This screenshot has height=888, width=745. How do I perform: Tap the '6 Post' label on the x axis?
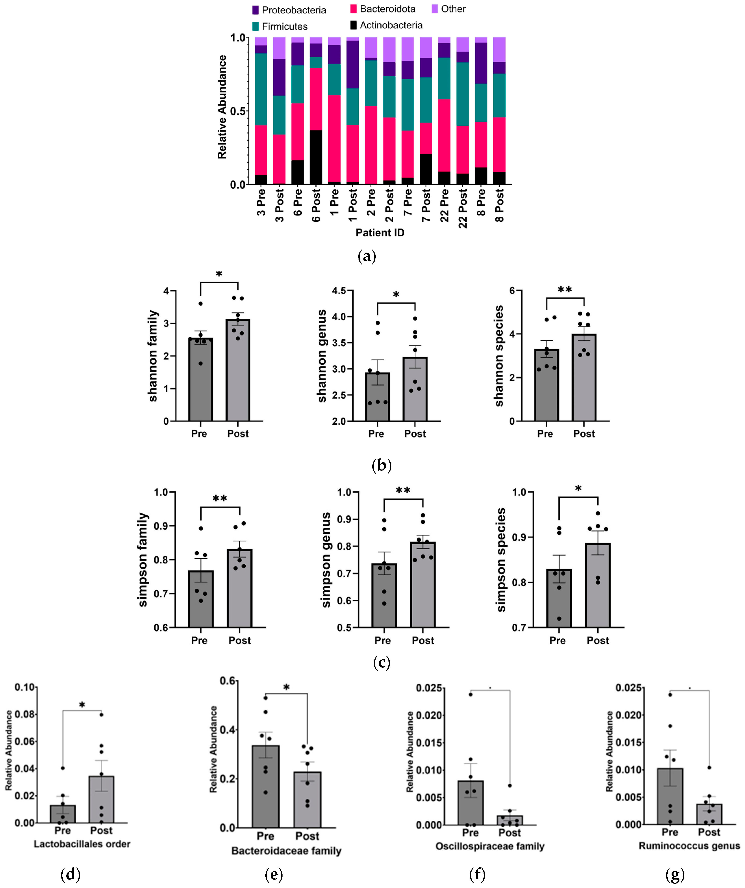tap(316, 205)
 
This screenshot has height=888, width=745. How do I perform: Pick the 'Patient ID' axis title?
tap(380, 233)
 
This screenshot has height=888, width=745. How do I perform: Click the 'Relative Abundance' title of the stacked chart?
tap(222, 107)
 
